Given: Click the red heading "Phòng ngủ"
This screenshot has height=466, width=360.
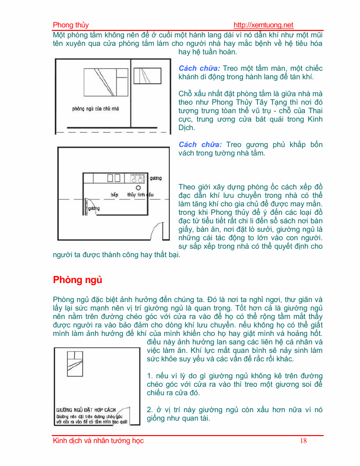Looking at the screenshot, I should [x=78, y=280].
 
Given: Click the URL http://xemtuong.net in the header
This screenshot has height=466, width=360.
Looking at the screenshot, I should [x=263, y=25].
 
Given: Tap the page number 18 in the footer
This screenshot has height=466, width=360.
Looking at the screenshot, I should [x=304, y=441].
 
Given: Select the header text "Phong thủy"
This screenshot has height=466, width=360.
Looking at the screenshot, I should [x=71, y=25].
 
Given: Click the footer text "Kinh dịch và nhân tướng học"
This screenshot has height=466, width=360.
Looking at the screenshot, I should [x=98, y=441].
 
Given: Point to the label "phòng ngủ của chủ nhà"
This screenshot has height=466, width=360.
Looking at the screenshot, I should [x=96, y=108].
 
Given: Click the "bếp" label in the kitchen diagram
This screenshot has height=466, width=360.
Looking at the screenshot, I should [x=114, y=194].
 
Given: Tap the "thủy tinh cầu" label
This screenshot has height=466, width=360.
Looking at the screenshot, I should [x=140, y=194].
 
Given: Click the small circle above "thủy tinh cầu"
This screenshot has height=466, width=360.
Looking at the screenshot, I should [x=137, y=188].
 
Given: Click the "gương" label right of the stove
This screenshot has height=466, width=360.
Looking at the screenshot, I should [x=155, y=178].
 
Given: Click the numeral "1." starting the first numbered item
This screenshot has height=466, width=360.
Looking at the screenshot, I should [x=150, y=375].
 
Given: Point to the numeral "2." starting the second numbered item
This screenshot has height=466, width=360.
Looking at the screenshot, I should [x=150, y=410].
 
